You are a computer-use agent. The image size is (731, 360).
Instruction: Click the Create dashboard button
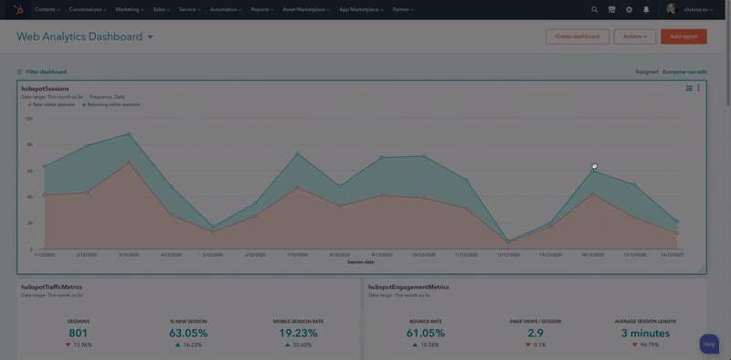click(577, 37)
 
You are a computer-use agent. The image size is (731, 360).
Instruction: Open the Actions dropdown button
click(634, 37)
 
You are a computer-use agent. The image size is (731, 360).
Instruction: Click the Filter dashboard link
click(46, 71)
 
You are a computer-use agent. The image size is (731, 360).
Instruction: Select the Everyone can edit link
click(684, 71)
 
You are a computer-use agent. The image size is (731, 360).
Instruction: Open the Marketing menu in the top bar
click(130, 9)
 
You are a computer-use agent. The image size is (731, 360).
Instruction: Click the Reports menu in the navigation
click(262, 9)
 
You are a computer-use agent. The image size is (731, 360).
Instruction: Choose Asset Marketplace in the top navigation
click(306, 9)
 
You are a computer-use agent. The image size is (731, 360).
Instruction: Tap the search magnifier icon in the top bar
click(594, 9)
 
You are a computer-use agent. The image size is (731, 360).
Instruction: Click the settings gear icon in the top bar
click(629, 9)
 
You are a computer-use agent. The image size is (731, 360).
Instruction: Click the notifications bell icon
click(646, 9)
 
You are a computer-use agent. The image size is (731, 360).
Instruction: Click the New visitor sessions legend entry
click(53, 105)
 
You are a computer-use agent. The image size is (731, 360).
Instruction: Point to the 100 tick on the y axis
click(28, 118)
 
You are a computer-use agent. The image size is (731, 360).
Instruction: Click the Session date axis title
click(361, 261)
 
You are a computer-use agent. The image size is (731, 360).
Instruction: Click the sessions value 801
click(79, 334)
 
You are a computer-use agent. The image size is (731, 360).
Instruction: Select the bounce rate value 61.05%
click(425, 334)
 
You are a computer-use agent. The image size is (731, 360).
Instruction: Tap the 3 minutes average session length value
click(644, 334)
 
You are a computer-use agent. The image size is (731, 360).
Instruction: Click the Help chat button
click(709, 344)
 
